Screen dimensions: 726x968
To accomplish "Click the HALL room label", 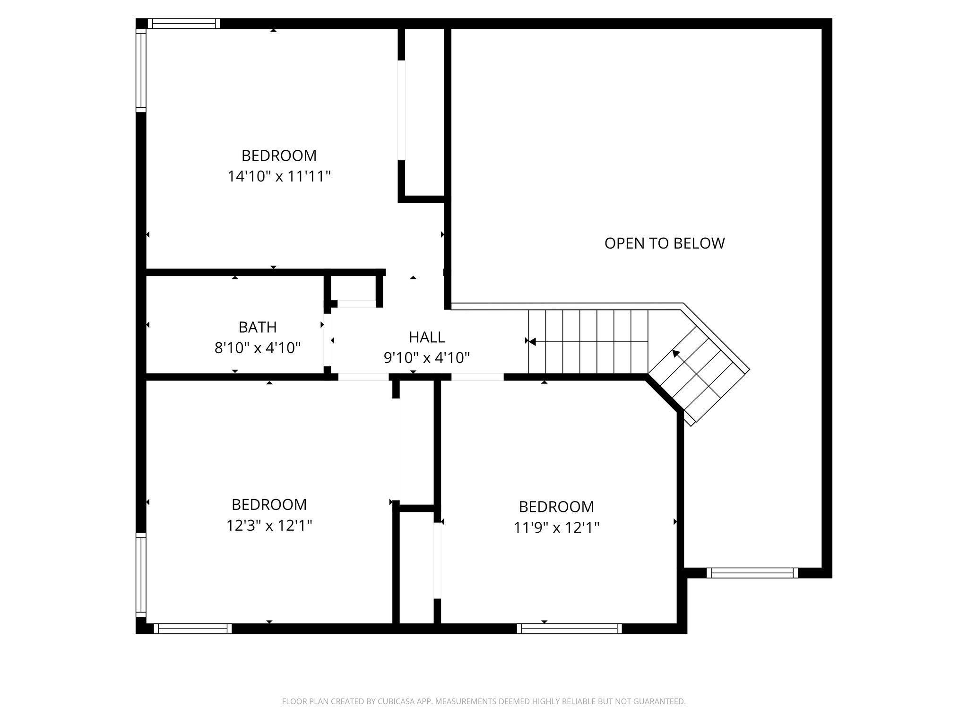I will pyautogui.click(x=426, y=337).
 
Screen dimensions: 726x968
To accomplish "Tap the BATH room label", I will pyautogui.click(x=258, y=327).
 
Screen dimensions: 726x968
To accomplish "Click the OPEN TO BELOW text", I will pyautogui.click(x=664, y=243).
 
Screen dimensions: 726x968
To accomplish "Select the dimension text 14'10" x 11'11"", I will pyautogui.click(x=279, y=176).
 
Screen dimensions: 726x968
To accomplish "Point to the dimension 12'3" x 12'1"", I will pyautogui.click(x=269, y=525).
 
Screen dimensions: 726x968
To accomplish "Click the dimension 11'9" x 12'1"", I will pyautogui.click(x=556, y=527).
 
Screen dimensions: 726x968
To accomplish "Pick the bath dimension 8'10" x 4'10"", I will pyautogui.click(x=258, y=348).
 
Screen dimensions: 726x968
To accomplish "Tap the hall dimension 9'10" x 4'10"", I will pyautogui.click(x=426, y=358).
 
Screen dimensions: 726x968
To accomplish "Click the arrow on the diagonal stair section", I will pyautogui.click(x=676, y=353).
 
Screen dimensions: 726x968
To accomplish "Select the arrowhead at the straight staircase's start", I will pyautogui.click(x=532, y=341).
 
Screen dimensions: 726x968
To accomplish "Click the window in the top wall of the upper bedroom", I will pyautogui.click(x=184, y=24).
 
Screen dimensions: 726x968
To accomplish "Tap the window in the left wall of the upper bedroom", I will pyautogui.click(x=141, y=70).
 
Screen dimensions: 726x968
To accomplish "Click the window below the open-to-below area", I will pyautogui.click(x=752, y=573).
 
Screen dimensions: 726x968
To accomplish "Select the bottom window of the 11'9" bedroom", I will pyautogui.click(x=569, y=629).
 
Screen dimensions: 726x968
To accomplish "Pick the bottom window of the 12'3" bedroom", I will pyautogui.click(x=192, y=629).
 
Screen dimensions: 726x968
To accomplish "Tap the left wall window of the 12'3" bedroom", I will pyautogui.click(x=141, y=575).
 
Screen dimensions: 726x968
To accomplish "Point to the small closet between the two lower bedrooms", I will pyautogui.click(x=416, y=567).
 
